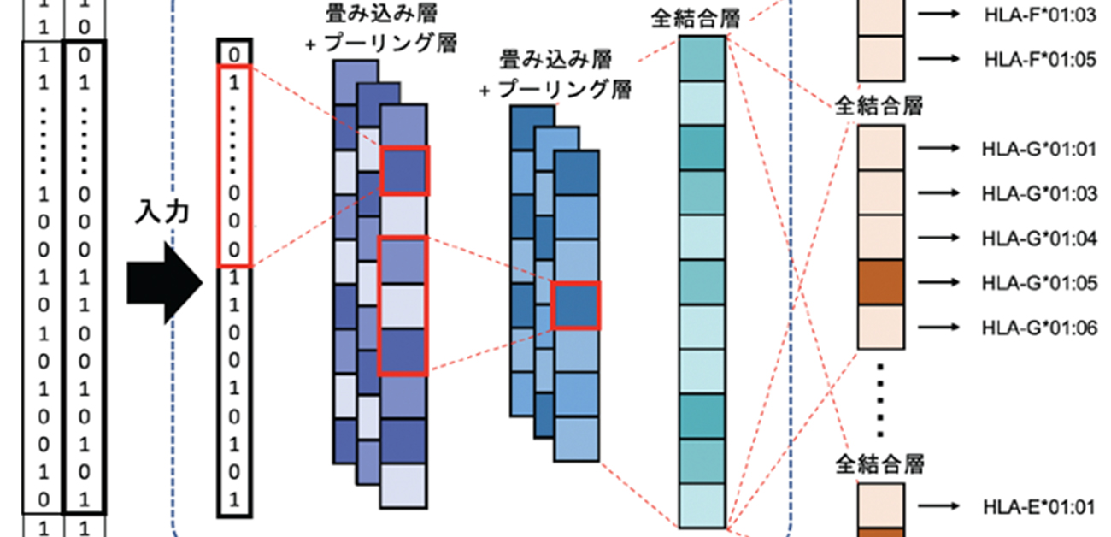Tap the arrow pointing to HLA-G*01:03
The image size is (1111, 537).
point(936,194)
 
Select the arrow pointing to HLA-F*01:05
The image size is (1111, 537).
point(936,58)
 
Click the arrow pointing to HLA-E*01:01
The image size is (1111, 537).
point(936,507)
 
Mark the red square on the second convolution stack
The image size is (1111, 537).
point(576,305)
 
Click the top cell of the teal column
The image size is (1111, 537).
point(702,58)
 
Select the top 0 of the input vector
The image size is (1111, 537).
point(234,53)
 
